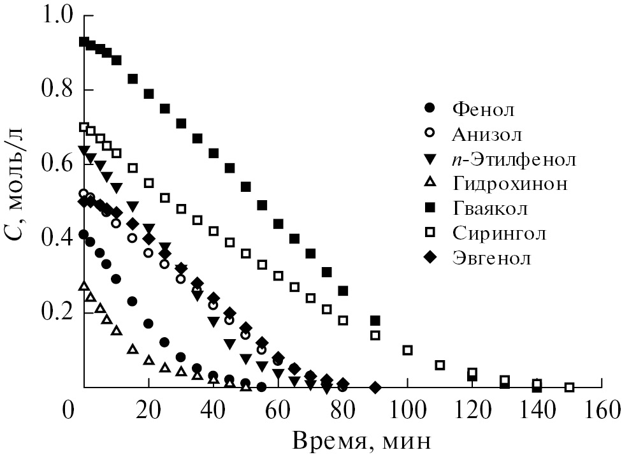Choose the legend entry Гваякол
[x=490, y=208]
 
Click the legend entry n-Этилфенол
[x=514, y=159]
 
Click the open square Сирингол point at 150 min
[x=570, y=387]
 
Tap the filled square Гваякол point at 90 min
[x=375, y=320]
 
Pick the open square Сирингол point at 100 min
[x=408, y=350]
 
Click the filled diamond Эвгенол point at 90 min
[x=375, y=387]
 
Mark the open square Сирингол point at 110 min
[x=440, y=365]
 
